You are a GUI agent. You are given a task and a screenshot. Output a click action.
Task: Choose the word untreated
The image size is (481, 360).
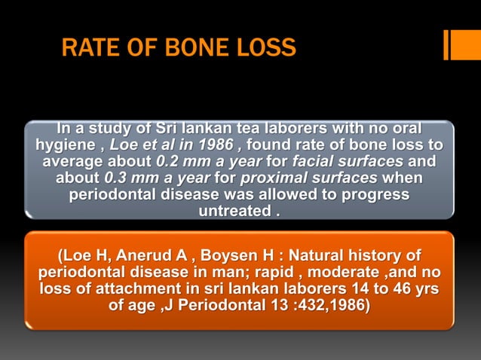click(233, 212)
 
